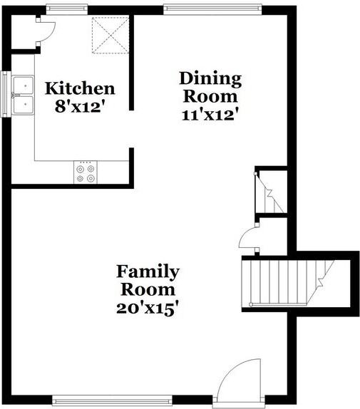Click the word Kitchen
pos(80,88)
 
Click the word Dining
pos(210,78)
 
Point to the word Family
pos(148,271)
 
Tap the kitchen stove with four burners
pos(86,172)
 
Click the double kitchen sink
pos(24,95)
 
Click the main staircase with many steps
pos(285,282)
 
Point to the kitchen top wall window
pos(67,9)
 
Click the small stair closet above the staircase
pos(272,191)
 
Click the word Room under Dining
pos(210,95)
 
